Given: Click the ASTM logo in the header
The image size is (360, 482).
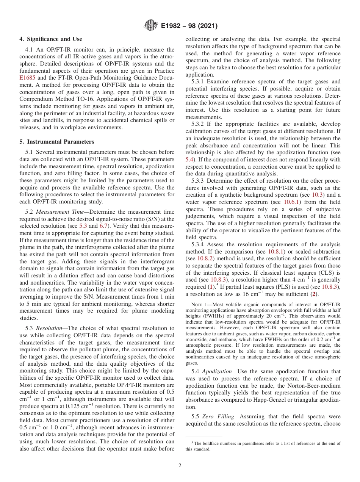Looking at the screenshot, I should [151, 26].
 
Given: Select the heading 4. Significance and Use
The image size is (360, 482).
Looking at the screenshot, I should [50, 39].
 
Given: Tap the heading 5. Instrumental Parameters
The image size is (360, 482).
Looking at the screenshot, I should [57, 142].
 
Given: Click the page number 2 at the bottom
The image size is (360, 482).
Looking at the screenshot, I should [180, 466].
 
